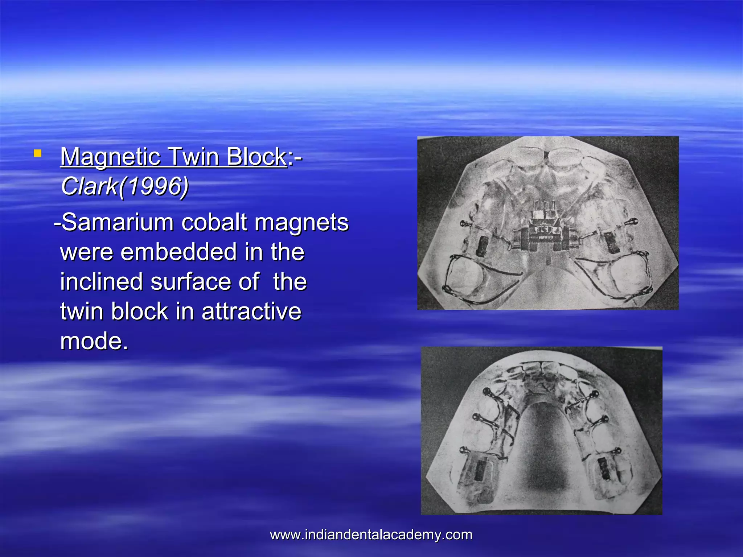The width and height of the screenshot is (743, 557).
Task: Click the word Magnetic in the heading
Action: tap(110, 157)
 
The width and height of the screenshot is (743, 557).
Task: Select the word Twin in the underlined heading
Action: tap(193, 157)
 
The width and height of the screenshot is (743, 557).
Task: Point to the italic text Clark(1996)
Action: tap(125, 186)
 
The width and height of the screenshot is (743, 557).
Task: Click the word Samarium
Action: tap(118, 222)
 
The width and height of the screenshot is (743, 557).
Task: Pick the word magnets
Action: tap(301, 222)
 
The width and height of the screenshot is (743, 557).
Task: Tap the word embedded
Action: tap(178, 252)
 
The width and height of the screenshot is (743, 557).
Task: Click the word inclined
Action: tap(101, 282)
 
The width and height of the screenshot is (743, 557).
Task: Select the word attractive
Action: tap(251, 311)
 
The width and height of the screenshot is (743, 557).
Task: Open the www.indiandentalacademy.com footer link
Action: tap(371, 535)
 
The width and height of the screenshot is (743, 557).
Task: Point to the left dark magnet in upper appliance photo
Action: tap(482, 246)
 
